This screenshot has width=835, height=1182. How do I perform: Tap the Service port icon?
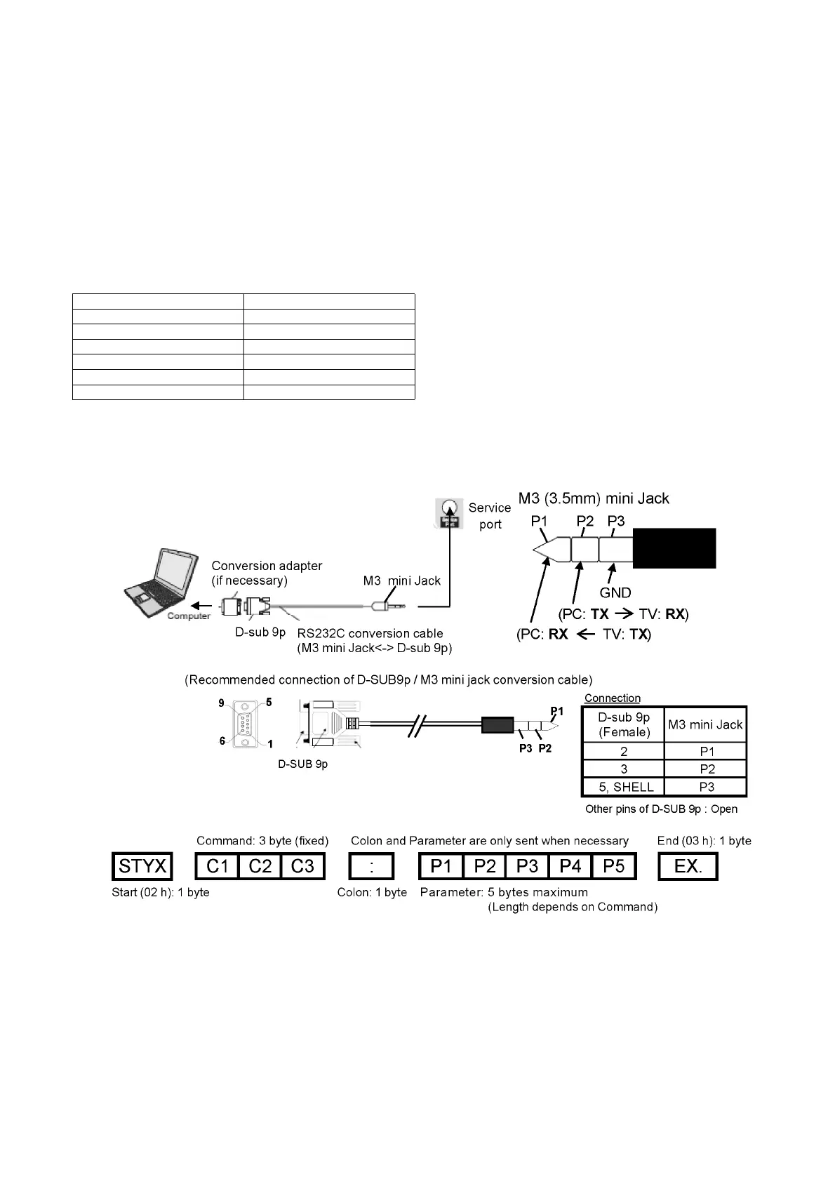pos(449,513)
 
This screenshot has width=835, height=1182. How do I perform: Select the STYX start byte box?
pos(142,866)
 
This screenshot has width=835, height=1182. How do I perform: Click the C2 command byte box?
pos(260,866)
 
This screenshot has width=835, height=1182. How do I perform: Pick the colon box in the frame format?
pos(371,866)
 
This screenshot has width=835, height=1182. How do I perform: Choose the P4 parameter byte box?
pos(570,866)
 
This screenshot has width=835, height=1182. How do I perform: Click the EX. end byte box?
pos(688,866)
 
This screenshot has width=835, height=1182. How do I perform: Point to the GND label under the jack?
pos(615,592)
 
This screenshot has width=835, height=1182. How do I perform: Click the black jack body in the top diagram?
pos(674,548)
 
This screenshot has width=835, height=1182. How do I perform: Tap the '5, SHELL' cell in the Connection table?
pos(623,787)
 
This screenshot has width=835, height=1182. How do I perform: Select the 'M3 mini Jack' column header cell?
pos(705,724)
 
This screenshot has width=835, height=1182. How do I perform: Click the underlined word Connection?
pos(613,698)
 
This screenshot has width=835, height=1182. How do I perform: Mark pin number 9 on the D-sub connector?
pos(222,703)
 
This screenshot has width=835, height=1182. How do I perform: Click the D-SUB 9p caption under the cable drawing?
pos(303,764)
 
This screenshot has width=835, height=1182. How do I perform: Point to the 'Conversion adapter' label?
pos(267,566)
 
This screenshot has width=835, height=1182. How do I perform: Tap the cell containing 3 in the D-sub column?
pos(623,769)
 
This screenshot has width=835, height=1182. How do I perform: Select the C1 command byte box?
pos(218,866)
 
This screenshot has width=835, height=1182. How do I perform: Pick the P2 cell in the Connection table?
pos(707,769)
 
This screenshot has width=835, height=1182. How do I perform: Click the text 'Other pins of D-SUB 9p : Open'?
pos(661,809)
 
